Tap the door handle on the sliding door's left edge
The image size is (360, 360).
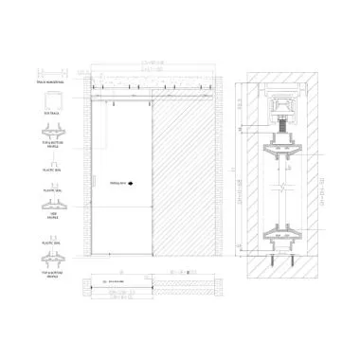coord(97,178)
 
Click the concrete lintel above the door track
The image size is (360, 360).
coord(152,78)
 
